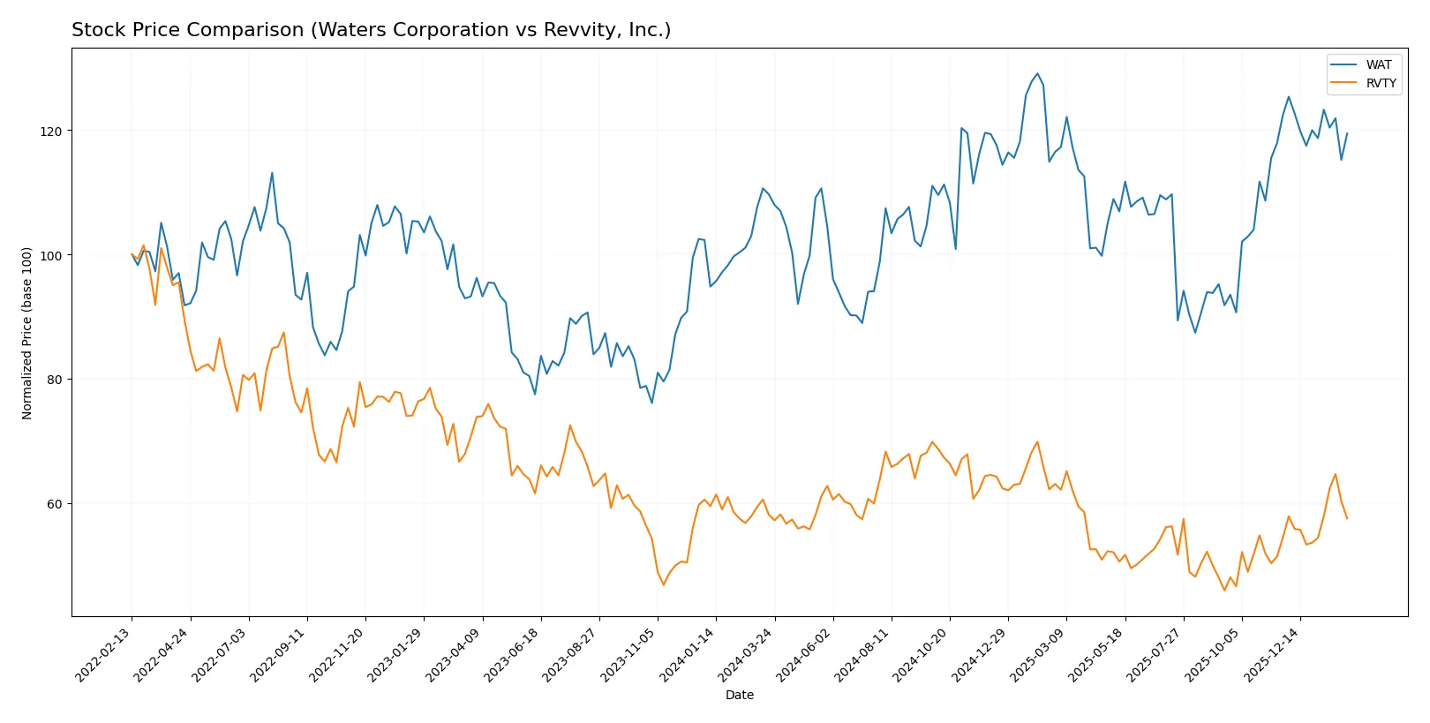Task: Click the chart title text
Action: (371, 30)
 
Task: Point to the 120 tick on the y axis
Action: (51, 131)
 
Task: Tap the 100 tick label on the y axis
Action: (51, 255)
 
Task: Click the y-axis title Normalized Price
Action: (27, 333)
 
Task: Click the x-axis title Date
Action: (739, 695)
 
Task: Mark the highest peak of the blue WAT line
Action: (1037, 74)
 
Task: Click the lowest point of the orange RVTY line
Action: (1224, 590)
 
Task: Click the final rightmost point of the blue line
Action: (1347, 133)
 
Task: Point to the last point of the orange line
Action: (1347, 518)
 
